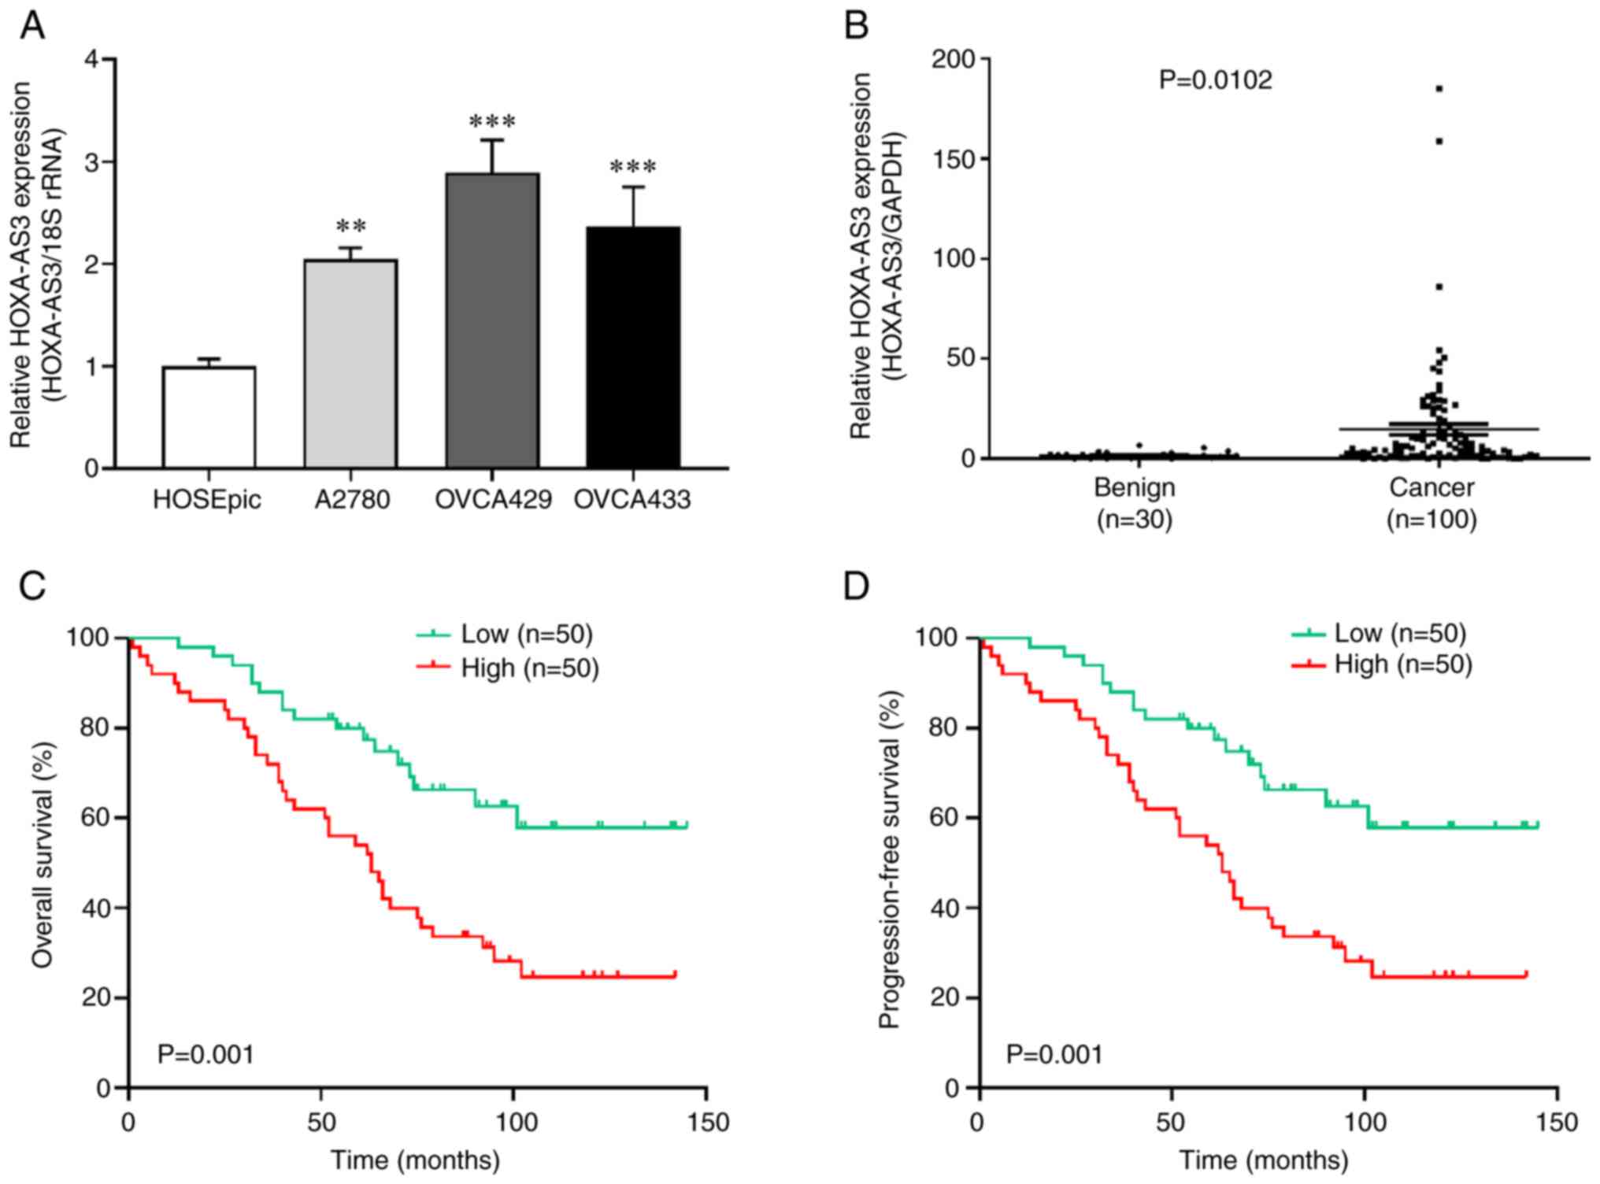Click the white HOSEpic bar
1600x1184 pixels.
209,417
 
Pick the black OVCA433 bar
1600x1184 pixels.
633,347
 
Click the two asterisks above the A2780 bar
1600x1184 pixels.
351,228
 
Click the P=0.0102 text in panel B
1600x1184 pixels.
1215,80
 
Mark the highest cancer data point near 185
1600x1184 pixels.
1439,89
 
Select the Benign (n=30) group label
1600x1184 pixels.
1135,503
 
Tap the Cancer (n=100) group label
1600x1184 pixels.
1431,503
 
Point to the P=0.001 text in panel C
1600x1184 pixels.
206,1054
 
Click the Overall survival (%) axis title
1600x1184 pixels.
43,855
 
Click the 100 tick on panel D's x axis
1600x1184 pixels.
1364,1122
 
